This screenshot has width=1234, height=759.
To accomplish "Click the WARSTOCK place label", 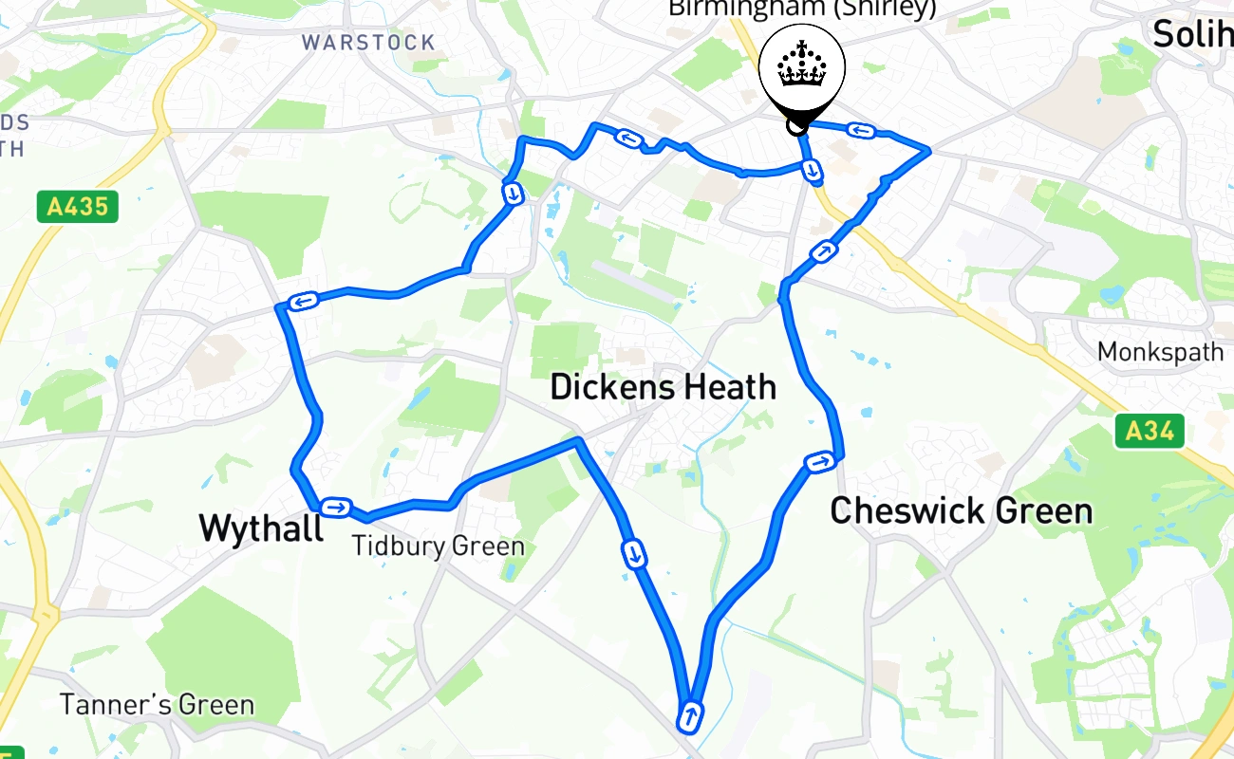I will [x=368, y=43].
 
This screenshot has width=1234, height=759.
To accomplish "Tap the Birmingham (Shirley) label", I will [x=802, y=9].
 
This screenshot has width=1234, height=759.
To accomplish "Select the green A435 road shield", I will [x=78, y=207].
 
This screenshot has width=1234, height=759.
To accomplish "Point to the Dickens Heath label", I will [x=663, y=387].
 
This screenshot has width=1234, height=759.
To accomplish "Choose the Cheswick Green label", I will [x=961, y=511].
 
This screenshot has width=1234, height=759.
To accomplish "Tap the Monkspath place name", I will [x=1160, y=352].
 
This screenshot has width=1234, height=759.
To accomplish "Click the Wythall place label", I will [x=261, y=528].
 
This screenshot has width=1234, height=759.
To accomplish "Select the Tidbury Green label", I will [x=438, y=546].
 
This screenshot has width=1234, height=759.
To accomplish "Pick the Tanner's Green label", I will [x=157, y=705].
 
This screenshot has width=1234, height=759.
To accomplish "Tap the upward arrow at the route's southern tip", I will [x=690, y=715].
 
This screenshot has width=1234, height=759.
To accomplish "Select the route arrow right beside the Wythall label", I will [x=336, y=507].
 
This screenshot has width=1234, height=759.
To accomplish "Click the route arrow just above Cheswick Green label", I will [x=819, y=462].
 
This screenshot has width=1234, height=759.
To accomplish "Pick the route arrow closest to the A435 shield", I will [x=304, y=303].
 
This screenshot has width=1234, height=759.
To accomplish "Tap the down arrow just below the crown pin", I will [x=812, y=170].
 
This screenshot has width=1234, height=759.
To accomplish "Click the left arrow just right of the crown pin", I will [x=861, y=131].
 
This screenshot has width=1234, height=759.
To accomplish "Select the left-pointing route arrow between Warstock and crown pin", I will [x=627, y=139].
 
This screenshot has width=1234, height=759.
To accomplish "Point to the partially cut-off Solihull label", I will [x=1192, y=34].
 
